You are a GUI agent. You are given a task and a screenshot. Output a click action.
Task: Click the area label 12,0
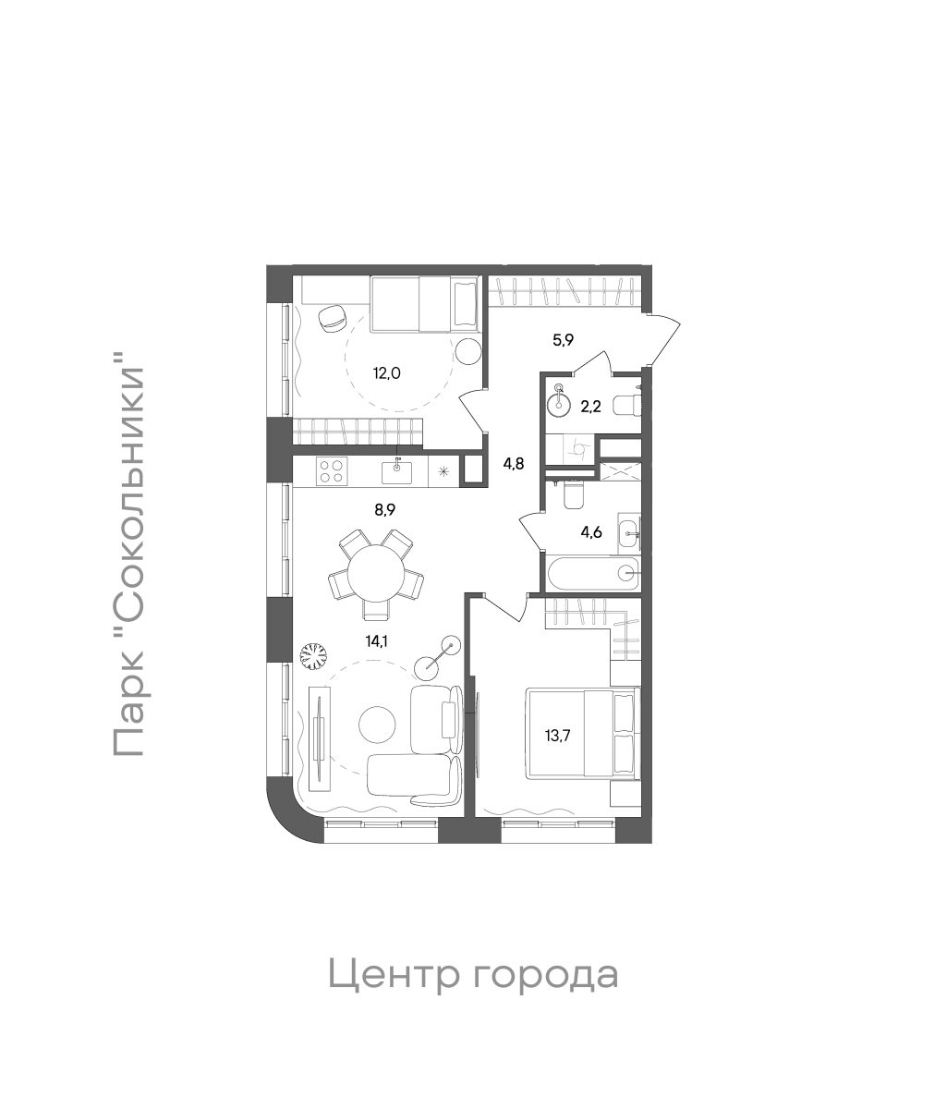tap(387, 373)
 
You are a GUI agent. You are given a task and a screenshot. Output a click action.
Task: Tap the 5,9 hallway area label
tap(564, 339)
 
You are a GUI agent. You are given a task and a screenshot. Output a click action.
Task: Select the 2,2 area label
tap(589, 405)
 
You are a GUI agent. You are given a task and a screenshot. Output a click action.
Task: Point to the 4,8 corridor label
tap(513, 464)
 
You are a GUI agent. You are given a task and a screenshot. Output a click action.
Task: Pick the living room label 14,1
tap(375, 640)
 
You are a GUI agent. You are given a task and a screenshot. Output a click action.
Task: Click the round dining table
tap(376, 572)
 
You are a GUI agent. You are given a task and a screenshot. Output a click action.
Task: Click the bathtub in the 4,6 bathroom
tap(592, 573)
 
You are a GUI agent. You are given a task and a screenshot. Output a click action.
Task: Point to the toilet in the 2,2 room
tap(627, 405)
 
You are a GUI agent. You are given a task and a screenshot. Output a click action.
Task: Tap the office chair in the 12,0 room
tap(330, 318)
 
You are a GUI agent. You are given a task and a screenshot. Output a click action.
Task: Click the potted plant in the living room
tap(314, 655)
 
